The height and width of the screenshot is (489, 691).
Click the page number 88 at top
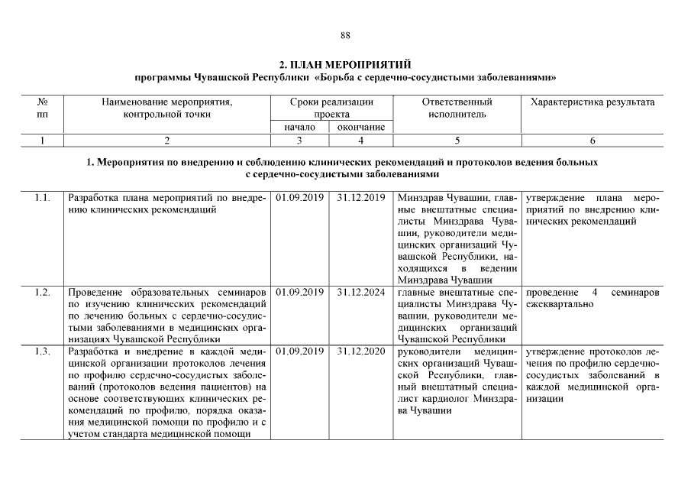point(345,35)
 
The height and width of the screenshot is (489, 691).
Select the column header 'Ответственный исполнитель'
point(457,108)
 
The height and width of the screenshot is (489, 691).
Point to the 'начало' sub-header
point(299,127)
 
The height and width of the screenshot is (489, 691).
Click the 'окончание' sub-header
point(361,127)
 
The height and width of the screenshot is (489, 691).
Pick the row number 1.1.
point(43,199)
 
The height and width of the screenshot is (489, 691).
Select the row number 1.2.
point(43,293)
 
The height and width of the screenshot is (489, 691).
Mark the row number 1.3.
point(43,351)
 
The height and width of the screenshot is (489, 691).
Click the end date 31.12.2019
point(361,199)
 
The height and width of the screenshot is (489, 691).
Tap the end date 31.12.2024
point(361,293)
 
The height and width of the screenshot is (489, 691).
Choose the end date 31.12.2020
point(361,351)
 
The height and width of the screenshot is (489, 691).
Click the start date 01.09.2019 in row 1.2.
point(299,293)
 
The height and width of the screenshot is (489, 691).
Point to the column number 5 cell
point(457,141)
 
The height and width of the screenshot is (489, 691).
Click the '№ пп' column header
point(43,108)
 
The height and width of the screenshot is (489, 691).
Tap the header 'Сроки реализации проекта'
point(331,108)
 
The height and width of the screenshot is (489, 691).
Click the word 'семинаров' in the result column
point(634,293)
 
